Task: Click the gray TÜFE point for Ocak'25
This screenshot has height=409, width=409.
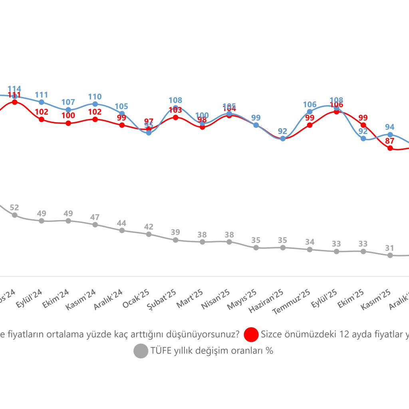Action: click(149, 234)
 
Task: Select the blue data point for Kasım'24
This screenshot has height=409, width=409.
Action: click(95, 104)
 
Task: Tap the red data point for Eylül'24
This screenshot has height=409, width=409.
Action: click(42, 119)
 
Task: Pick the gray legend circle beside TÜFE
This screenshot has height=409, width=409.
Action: click(141, 351)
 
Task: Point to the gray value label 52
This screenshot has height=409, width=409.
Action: click(14, 207)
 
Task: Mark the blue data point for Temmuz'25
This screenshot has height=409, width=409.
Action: click(310, 112)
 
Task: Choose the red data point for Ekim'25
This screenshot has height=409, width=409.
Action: click(363, 125)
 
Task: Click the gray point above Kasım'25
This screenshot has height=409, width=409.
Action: click(390, 255)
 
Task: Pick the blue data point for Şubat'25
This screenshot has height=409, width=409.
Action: click(175, 108)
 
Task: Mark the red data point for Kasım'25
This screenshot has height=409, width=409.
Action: click(390, 148)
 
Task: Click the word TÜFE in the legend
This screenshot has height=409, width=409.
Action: click(160, 351)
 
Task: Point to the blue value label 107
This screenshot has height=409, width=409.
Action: click(68, 102)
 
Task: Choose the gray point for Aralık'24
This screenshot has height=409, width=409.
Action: click(122, 230)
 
